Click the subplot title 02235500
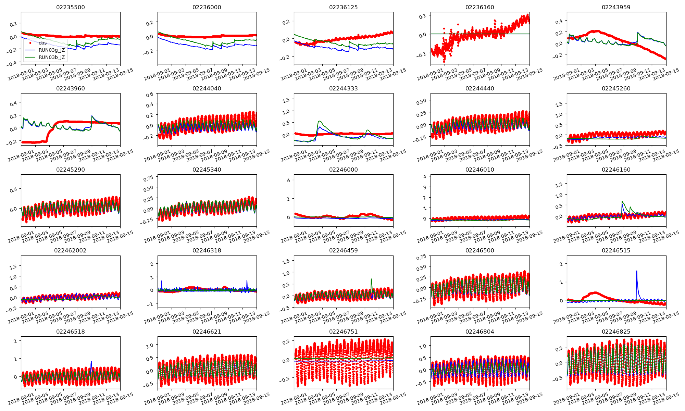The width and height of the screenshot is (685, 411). (x=70, y=7)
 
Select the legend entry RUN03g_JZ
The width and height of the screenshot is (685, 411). (x=52, y=50)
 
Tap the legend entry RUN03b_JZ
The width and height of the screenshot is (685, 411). (x=52, y=57)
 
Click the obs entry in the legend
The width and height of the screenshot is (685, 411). (x=43, y=43)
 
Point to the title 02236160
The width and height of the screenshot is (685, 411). (x=480, y=7)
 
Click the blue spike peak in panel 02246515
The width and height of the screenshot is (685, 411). (x=636, y=271)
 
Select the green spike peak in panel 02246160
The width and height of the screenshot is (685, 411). (x=622, y=201)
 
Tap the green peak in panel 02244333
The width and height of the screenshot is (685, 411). (x=319, y=121)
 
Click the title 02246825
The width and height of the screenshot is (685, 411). (x=616, y=332)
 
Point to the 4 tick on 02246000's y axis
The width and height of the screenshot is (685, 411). (x=288, y=180)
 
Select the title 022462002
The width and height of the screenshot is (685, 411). (x=70, y=250)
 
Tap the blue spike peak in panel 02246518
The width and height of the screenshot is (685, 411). (x=91, y=361)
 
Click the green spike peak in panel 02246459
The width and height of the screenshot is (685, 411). (x=371, y=279)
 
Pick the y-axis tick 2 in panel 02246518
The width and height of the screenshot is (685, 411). (x=15, y=341)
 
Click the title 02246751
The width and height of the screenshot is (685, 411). (x=343, y=332)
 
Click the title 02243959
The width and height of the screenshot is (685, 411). (x=616, y=7)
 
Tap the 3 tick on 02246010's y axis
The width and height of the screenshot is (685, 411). (x=425, y=187)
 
